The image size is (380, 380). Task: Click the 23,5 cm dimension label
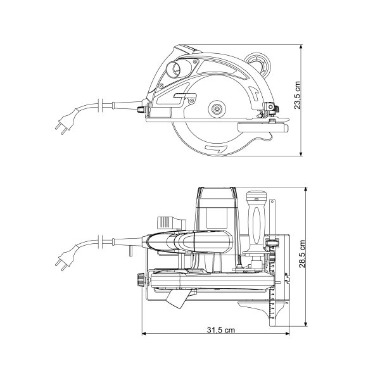pyautogui.click(x=298, y=95)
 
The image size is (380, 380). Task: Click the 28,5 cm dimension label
pyautogui.click(x=302, y=254)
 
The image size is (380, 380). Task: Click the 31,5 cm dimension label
pyautogui.click(x=221, y=330)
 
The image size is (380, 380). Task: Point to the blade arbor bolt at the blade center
pyautogui.click(x=217, y=109)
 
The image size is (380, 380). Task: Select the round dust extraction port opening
pyautogui.click(x=174, y=69)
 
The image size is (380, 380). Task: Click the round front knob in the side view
pyautogui.click(x=258, y=63)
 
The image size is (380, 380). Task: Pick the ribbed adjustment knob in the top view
pyautogui.click(x=141, y=280)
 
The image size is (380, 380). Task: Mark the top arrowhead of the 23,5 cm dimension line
pyautogui.click(x=301, y=46)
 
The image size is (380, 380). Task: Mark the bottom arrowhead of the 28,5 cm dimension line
pyautogui.click(x=306, y=324)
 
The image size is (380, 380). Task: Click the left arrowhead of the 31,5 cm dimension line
pyautogui.click(x=144, y=334)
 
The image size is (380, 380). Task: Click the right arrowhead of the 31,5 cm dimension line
pyautogui.click(x=288, y=334)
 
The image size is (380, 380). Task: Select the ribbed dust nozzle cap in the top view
pyautogui.click(x=165, y=222)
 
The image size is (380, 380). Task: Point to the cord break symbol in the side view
pyautogui.click(x=101, y=105)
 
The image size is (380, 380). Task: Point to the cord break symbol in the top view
pyautogui.click(x=101, y=242)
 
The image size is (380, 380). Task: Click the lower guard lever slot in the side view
pyautogui.click(x=185, y=96)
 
